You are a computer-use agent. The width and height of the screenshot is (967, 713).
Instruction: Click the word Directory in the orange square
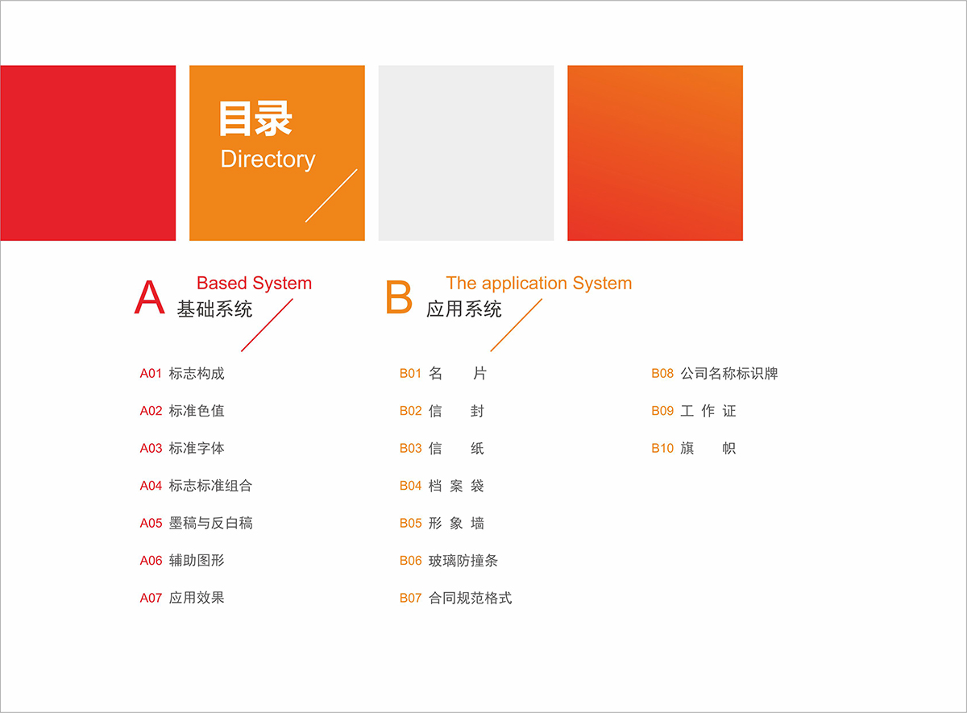268,160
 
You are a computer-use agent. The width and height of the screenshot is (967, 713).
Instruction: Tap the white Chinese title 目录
255,118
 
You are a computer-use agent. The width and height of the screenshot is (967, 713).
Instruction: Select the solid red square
88,153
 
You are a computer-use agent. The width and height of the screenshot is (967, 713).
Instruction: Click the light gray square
466,153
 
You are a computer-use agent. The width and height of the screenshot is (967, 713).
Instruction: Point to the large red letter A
149,297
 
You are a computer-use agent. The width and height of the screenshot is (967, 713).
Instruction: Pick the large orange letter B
399,297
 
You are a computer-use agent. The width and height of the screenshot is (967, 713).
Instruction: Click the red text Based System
254,284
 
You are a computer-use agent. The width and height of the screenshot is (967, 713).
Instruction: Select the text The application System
539,284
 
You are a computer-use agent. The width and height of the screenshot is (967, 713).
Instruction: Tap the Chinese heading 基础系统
214,309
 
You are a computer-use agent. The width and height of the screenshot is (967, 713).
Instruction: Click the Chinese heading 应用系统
464,309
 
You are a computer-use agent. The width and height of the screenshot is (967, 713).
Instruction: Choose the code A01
151,373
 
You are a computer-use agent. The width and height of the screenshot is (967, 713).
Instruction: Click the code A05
151,523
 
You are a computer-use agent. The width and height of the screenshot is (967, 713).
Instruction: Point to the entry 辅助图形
197,560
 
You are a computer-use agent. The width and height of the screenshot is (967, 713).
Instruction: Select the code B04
410,486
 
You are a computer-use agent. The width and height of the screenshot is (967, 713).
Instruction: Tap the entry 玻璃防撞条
463,560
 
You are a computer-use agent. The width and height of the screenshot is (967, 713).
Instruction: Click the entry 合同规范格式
470,598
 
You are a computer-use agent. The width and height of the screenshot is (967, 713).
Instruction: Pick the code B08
662,373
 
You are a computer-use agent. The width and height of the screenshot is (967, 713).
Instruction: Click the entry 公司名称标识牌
729,373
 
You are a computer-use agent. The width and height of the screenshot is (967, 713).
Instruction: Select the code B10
662,449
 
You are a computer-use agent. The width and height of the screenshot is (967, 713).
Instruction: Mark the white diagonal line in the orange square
331,196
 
